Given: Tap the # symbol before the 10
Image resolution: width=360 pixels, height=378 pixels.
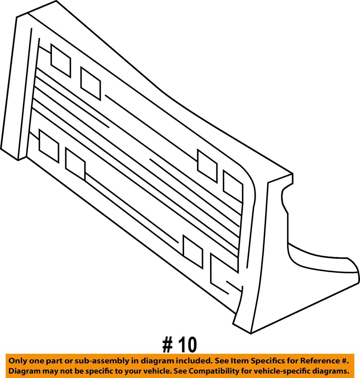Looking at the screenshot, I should tap(168, 345).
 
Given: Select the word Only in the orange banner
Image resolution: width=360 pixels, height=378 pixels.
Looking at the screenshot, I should tap(17, 361).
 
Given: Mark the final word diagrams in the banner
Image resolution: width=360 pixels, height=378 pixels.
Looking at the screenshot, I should tap(334, 371).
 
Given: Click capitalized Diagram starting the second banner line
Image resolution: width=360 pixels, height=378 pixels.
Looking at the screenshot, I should tap(23, 371).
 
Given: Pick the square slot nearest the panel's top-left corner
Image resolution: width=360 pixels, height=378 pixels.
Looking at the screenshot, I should tap(61, 61).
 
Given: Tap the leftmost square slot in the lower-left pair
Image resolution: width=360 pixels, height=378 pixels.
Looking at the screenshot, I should tap(49, 146).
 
